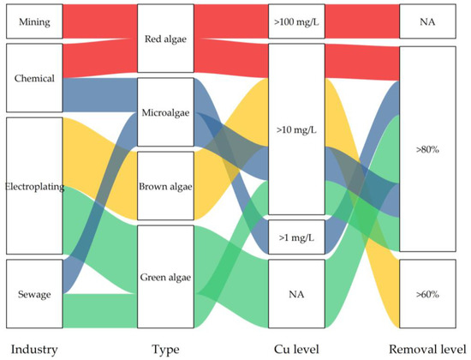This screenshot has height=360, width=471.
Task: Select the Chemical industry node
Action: (34, 78)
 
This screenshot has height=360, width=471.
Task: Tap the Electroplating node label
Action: (34, 186)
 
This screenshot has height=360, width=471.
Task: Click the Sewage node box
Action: (34, 293)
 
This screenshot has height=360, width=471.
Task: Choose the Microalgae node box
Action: (166, 114)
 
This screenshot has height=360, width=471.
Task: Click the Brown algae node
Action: (166, 185)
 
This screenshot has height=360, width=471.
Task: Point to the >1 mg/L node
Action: (296, 237)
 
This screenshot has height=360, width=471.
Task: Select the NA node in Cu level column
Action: (296, 293)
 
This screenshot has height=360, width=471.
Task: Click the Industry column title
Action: (33, 349)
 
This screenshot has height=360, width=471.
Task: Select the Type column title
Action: (166, 349)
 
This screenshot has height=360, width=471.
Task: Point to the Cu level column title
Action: (296, 349)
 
